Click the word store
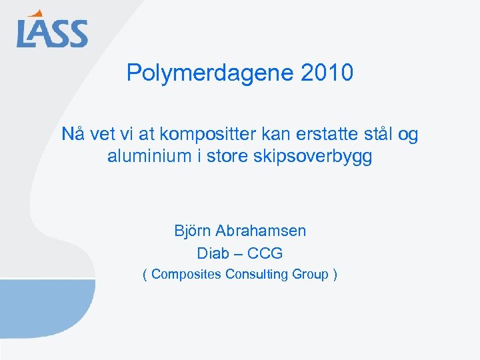tap(230, 158)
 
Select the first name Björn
tap(193, 231)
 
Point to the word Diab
tap(213, 253)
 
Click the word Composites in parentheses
tap(186, 275)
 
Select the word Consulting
tap(256, 275)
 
